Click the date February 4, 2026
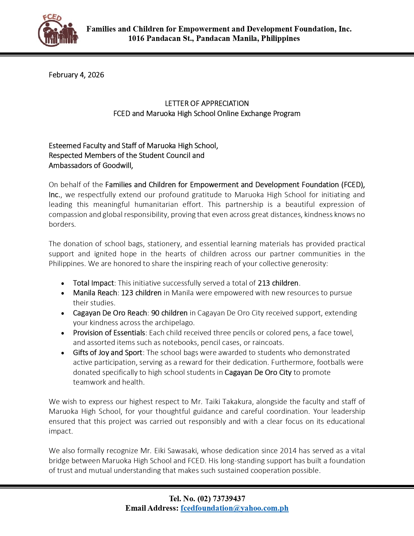(76, 75)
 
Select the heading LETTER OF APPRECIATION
(207, 104)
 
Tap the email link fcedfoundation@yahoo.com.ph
(234, 508)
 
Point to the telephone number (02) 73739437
(221, 499)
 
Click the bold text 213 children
(278, 283)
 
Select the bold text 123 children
(141, 293)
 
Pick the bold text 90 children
(169, 313)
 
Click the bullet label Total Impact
(94, 283)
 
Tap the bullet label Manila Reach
(95, 293)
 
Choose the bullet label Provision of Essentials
(109, 333)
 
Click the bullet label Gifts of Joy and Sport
(107, 352)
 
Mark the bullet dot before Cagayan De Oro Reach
(63, 313)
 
